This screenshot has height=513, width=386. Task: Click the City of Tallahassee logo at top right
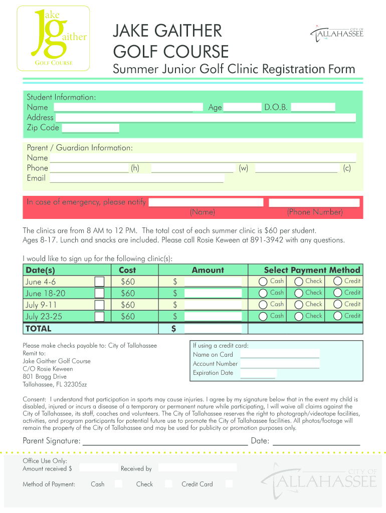click(x=337, y=34)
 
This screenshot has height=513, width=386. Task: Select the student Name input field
click(x=123, y=107)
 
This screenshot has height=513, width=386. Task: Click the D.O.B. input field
click(x=313, y=107)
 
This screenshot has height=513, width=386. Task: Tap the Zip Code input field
click(x=90, y=128)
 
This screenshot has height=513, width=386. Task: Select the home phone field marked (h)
click(x=89, y=168)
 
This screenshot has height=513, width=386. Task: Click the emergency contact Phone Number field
click(x=314, y=202)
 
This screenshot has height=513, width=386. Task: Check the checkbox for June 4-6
click(x=100, y=282)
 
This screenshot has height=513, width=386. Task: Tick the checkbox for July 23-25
click(x=100, y=316)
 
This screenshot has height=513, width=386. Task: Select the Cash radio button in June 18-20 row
click(x=263, y=293)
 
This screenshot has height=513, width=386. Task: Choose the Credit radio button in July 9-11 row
click(x=338, y=305)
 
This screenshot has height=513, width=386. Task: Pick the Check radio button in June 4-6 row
click(x=299, y=282)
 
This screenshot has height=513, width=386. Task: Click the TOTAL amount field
click(x=213, y=329)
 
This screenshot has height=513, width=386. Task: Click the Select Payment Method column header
click(x=312, y=270)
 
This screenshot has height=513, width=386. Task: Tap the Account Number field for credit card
click(x=280, y=364)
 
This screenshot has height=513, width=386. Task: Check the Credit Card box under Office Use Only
click(x=229, y=484)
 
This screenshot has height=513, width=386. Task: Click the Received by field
click(x=198, y=468)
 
